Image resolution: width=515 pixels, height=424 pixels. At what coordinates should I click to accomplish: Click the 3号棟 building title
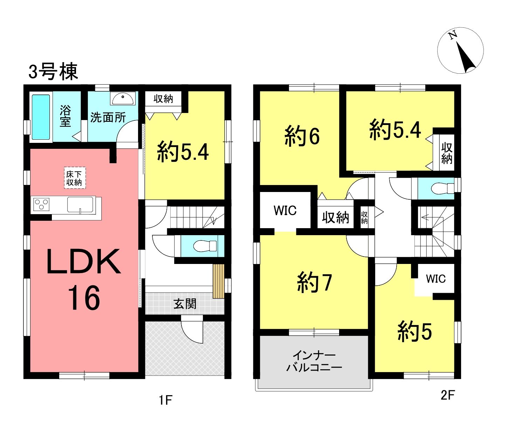(x=53, y=72)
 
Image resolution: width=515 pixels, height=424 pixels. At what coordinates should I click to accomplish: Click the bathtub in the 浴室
(x=41, y=117)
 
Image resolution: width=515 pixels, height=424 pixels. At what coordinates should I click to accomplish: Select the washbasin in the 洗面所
(x=123, y=98)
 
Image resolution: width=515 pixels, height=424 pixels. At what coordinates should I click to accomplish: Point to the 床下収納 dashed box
(x=75, y=178)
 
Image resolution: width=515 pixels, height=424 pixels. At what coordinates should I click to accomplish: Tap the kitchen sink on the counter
(x=80, y=205)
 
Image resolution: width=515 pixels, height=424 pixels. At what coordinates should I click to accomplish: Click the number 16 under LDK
(x=84, y=298)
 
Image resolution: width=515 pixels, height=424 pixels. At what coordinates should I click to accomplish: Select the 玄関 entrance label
(x=185, y=304)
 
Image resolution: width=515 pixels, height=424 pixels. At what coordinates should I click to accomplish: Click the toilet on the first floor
(x=205, y=246)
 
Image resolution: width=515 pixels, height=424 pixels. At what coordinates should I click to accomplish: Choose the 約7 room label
(x=314, y=283)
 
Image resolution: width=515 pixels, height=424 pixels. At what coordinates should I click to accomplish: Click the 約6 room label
(x=302, y=136)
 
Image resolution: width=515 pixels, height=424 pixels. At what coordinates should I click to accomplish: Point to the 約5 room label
(x=415, y=332)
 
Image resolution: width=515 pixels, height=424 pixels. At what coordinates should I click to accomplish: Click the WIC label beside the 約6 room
(x=285, y=211)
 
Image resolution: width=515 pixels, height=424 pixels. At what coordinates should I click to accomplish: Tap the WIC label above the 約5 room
(x=436, y=279)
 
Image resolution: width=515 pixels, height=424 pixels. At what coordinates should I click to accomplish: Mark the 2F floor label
(x=448, y=395)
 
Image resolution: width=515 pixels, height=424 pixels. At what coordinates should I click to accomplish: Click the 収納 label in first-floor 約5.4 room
(x=163, y=99)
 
